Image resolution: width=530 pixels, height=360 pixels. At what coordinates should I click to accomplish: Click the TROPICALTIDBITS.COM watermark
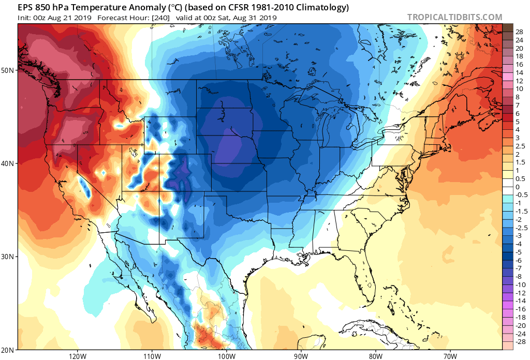coord(454,17)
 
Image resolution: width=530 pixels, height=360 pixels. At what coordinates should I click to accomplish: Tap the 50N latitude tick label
coord(8,70)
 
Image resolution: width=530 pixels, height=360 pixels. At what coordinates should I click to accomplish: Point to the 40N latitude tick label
coord(8,163)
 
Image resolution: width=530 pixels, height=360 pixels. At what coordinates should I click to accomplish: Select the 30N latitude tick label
coord(8,257)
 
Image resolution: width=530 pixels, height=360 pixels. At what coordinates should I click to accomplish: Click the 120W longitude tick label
coord(77,356)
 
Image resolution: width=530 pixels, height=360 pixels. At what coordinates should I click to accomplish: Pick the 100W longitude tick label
coord(226,356)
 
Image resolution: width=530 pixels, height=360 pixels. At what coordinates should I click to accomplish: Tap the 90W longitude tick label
coord(301,356)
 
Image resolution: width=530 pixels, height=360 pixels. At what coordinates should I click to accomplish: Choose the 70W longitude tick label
coord(450,356)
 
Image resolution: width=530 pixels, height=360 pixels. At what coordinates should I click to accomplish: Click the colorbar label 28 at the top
coord(519,32)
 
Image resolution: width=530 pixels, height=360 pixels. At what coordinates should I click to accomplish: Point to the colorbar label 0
coord(517,187)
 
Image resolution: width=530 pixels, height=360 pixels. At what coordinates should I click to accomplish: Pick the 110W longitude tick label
coord(152,356)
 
